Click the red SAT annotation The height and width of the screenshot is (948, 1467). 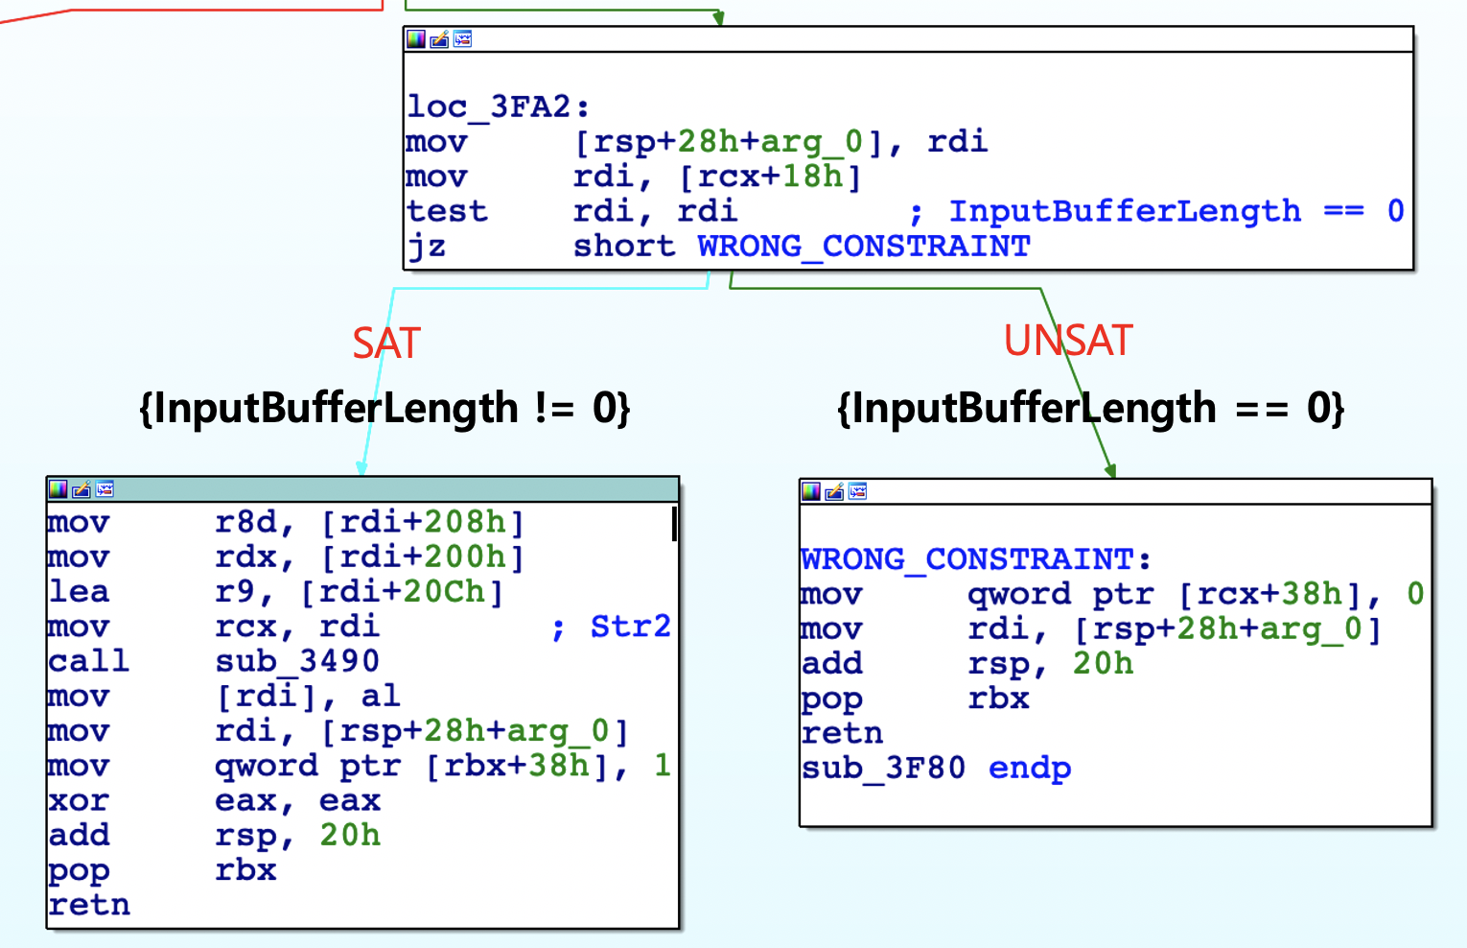click(x=386, y=343)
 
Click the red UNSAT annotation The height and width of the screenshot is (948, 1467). click(x=1068, y=341)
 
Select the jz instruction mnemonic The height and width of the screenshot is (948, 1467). click(x=427, y=247)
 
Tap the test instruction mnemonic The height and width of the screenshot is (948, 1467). click(x=447, y=211)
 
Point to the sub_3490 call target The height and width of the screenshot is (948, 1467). click(x=297, y=661)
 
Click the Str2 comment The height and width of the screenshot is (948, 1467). click(x=630, y=627)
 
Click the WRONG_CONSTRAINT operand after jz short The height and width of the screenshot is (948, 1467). click(x=863, y=247)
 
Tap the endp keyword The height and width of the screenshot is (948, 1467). click(x=1030, y=768)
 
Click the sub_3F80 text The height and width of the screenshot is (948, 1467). click(x=883, y=768)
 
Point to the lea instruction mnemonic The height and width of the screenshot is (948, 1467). click(x=79, y=592)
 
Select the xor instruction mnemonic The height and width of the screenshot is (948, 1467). click(x=79, y=800)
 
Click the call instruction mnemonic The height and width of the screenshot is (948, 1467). click(x=88, y=661)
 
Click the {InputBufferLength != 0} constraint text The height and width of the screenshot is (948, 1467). click(x=384, y=408)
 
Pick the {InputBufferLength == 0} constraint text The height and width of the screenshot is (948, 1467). click(x=1090, y=408)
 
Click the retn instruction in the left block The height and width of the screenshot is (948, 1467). click(x=89, y=905)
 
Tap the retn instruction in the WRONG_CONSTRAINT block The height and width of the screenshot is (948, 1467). click(x=842, y=733)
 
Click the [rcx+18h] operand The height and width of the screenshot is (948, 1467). click(x=770, y=177)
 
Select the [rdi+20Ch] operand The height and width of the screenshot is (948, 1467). click(x=402, y=592)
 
